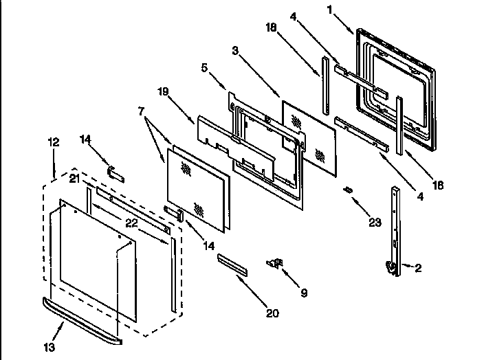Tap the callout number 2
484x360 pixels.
[418, 269]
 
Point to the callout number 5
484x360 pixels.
[204, 68]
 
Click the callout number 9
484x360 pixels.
[304, 293]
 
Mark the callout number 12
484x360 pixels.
[53, 142]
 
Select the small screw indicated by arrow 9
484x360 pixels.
[276, 262]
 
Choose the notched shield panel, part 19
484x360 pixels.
[213, 135]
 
